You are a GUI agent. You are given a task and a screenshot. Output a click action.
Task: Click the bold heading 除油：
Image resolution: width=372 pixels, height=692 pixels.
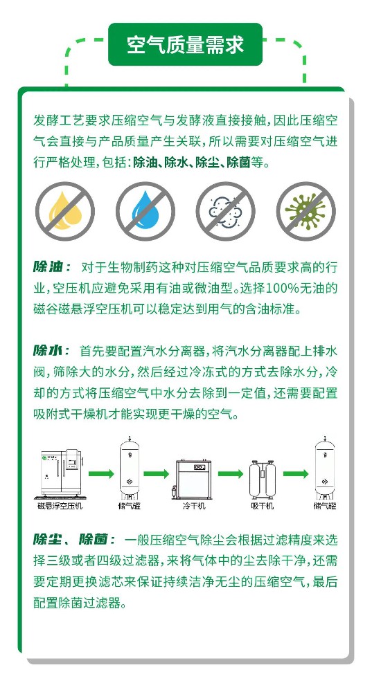[x=52, y=268]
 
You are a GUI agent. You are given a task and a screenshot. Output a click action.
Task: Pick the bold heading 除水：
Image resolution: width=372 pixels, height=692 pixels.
[x=52, y=351]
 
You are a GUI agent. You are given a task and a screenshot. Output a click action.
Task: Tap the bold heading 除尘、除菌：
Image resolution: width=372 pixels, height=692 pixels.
[x=72, y=539]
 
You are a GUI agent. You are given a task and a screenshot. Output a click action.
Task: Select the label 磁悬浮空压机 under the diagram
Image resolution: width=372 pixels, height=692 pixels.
[x=60, y=507]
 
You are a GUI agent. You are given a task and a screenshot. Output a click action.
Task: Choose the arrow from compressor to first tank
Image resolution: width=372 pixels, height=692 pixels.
[x=102, y=474]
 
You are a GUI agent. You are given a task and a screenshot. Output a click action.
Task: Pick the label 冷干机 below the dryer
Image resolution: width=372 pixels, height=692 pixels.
[x=194, y=507]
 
